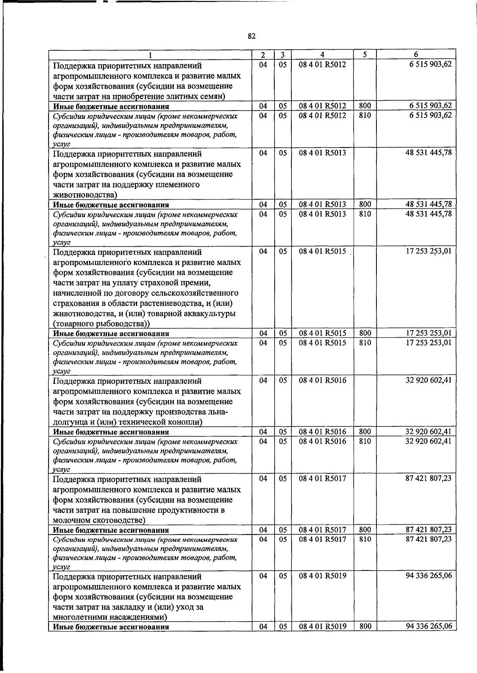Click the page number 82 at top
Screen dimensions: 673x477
coord(251,36)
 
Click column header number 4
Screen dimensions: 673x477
coord(322,54)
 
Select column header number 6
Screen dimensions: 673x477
coord(416,54)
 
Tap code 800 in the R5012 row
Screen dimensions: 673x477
coord(365,106)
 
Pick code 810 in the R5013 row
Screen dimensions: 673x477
coord(365,214)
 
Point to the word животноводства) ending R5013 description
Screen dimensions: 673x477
coord(85,195)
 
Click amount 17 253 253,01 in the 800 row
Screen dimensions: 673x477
coord(429,333)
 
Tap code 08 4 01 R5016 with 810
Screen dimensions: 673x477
coord(322,442)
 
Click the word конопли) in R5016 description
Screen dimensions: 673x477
coord(186,422)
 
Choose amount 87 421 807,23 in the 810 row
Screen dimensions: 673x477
coord(429,539)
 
